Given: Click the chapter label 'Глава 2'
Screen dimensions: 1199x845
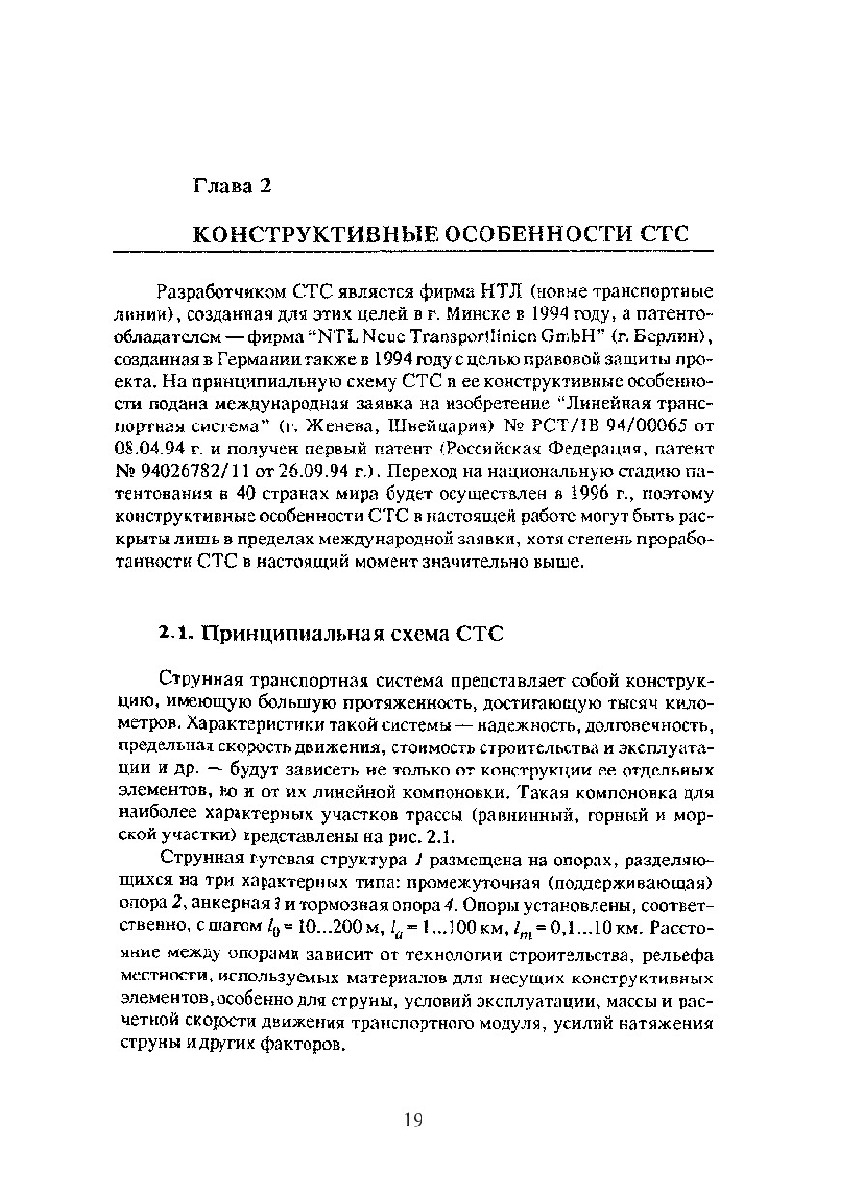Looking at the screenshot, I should [231, 186].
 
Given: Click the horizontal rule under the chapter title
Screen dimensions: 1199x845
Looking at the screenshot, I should [413, 251].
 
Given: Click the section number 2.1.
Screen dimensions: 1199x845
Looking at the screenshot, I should [175, 634].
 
